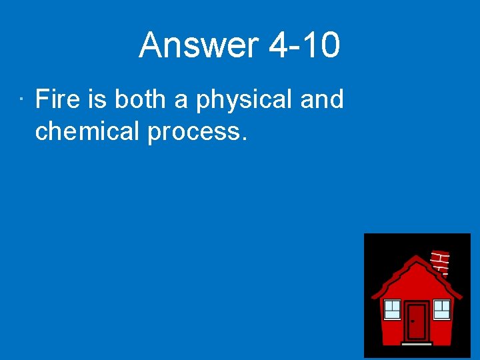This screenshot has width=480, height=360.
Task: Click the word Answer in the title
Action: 198,46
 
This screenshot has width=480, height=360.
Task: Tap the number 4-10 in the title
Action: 304,46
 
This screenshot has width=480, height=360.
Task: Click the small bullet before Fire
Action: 22,101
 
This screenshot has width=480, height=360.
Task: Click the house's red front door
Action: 417,322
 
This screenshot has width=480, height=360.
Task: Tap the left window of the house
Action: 393,309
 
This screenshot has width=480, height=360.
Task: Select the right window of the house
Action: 442,309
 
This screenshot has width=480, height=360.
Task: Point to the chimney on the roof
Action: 441,262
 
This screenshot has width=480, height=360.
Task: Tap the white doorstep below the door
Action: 417,344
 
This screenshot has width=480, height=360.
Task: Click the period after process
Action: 244,138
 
